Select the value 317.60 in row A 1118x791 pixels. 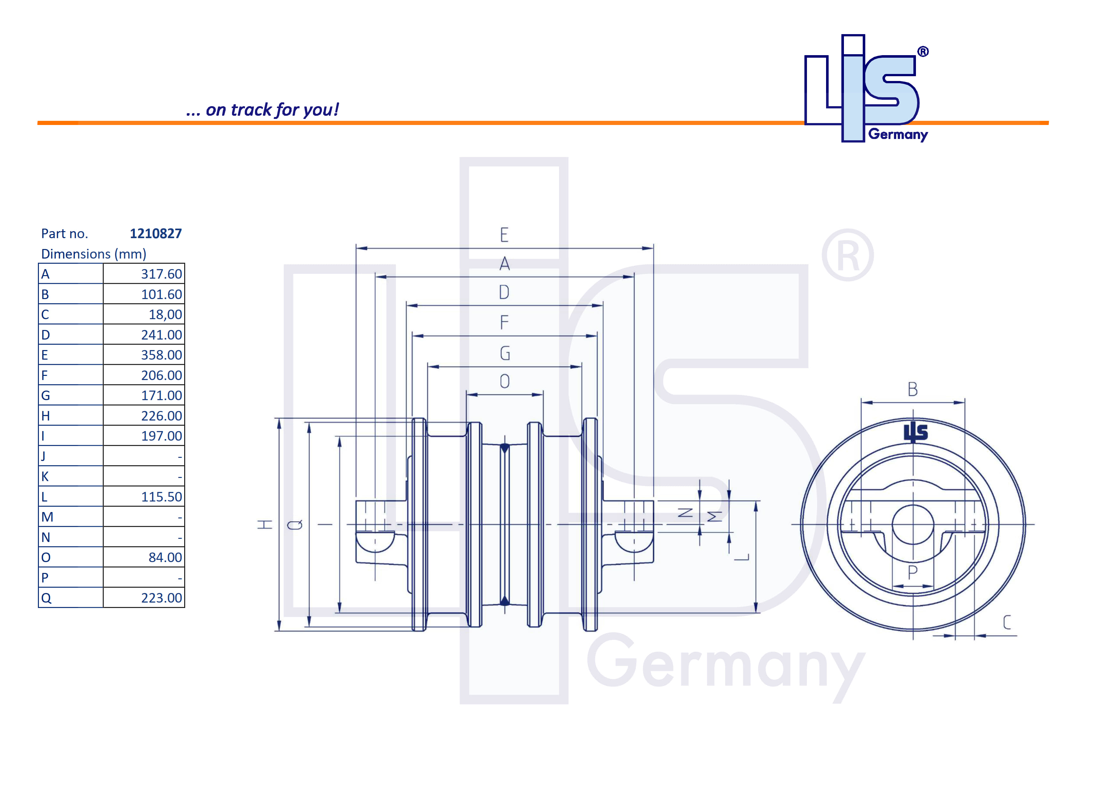click(x=161, y=274)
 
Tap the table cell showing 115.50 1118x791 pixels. click(x=161, y=497)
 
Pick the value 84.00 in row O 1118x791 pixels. click(x=165, y=557)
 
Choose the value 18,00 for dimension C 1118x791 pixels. click(x=165, y=315)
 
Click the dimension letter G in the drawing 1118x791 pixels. click(x=505, y=353)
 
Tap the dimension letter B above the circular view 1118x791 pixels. click(x=912, y=390)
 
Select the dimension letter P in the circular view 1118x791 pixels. click(x=912, y=572)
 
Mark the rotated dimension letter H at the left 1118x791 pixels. click(x=265, y=524)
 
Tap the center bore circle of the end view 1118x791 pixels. click(x=912, y=524)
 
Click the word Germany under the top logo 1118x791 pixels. click(x=898, y=135)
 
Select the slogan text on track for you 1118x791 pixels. click(x=263, y=110)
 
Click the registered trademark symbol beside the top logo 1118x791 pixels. click(x=923, y=52)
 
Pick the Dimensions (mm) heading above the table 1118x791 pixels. click(x=93, y=254)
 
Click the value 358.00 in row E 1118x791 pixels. click(x=161, y=355)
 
